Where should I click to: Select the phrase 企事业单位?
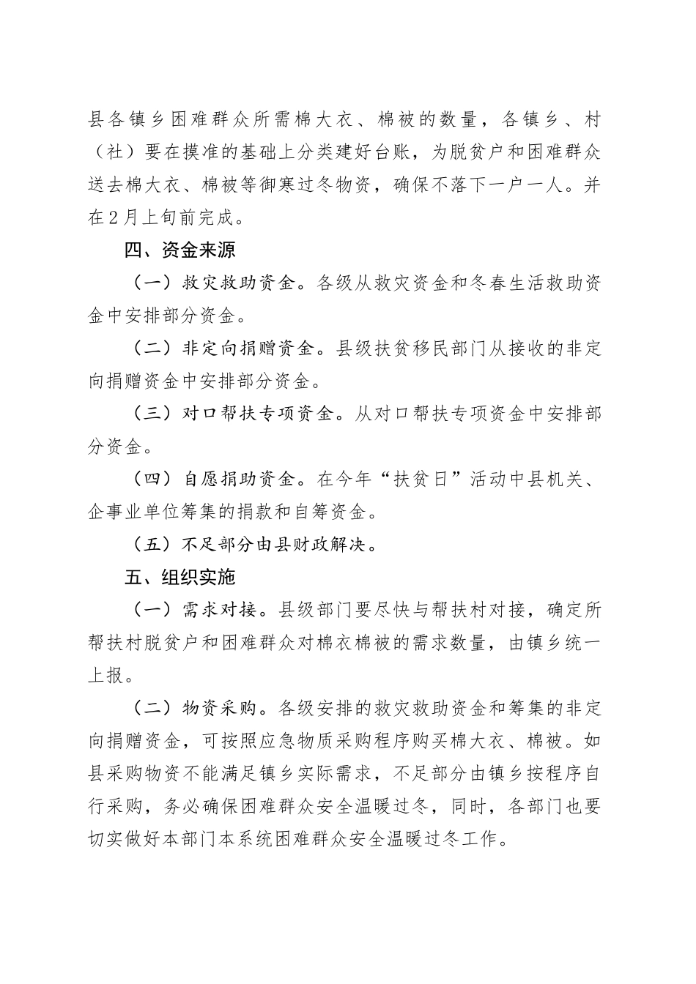point(141,512)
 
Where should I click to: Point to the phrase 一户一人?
point(531,185)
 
